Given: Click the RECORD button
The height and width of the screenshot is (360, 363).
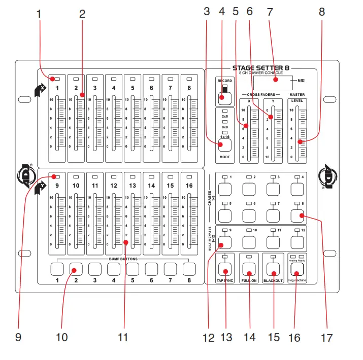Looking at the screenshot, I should tap(221, 97).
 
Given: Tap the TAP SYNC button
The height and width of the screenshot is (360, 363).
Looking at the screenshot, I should tap(224, 269).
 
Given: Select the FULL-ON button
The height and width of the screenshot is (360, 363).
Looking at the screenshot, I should tap(249, 269).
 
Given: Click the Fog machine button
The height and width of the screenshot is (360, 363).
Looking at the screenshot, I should tap(296, 269).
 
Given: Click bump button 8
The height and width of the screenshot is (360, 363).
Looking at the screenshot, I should tap(189, 268).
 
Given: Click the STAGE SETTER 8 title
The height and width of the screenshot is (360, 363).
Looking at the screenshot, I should tap(261, 67).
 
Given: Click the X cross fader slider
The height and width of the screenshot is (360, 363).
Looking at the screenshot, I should tap(246, 126).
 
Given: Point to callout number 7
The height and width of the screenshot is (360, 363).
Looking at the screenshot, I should tap(270, 12).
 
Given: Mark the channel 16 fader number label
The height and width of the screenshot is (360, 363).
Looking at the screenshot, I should tap(189, 186).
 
